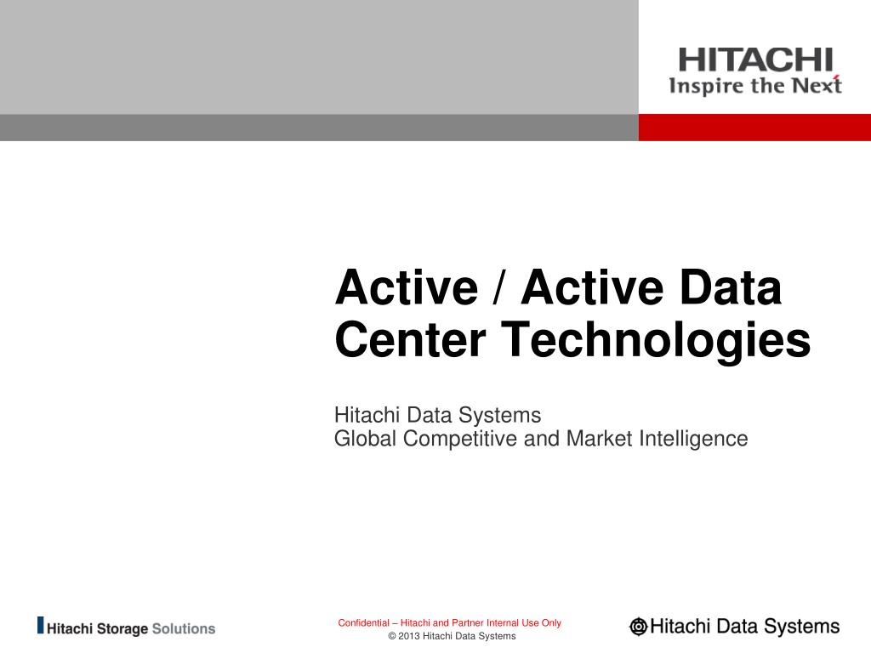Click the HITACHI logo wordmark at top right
[x=754, y=60]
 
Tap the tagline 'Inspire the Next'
[x=754, y=86]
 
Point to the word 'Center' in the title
[x=409, y=339]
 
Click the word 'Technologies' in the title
[x=655, y=341]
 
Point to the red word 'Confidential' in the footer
[x=363, y=623]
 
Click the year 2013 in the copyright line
[x=408, y=636]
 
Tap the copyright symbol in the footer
[x=391, y=636]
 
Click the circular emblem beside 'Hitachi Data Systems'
[x=638, y=627]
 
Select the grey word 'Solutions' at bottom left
[x=184, y=629]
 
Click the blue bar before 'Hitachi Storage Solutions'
[x=40, y=626]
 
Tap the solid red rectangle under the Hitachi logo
[x=754, y=128]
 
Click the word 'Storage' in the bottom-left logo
[x=122, y=630]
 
